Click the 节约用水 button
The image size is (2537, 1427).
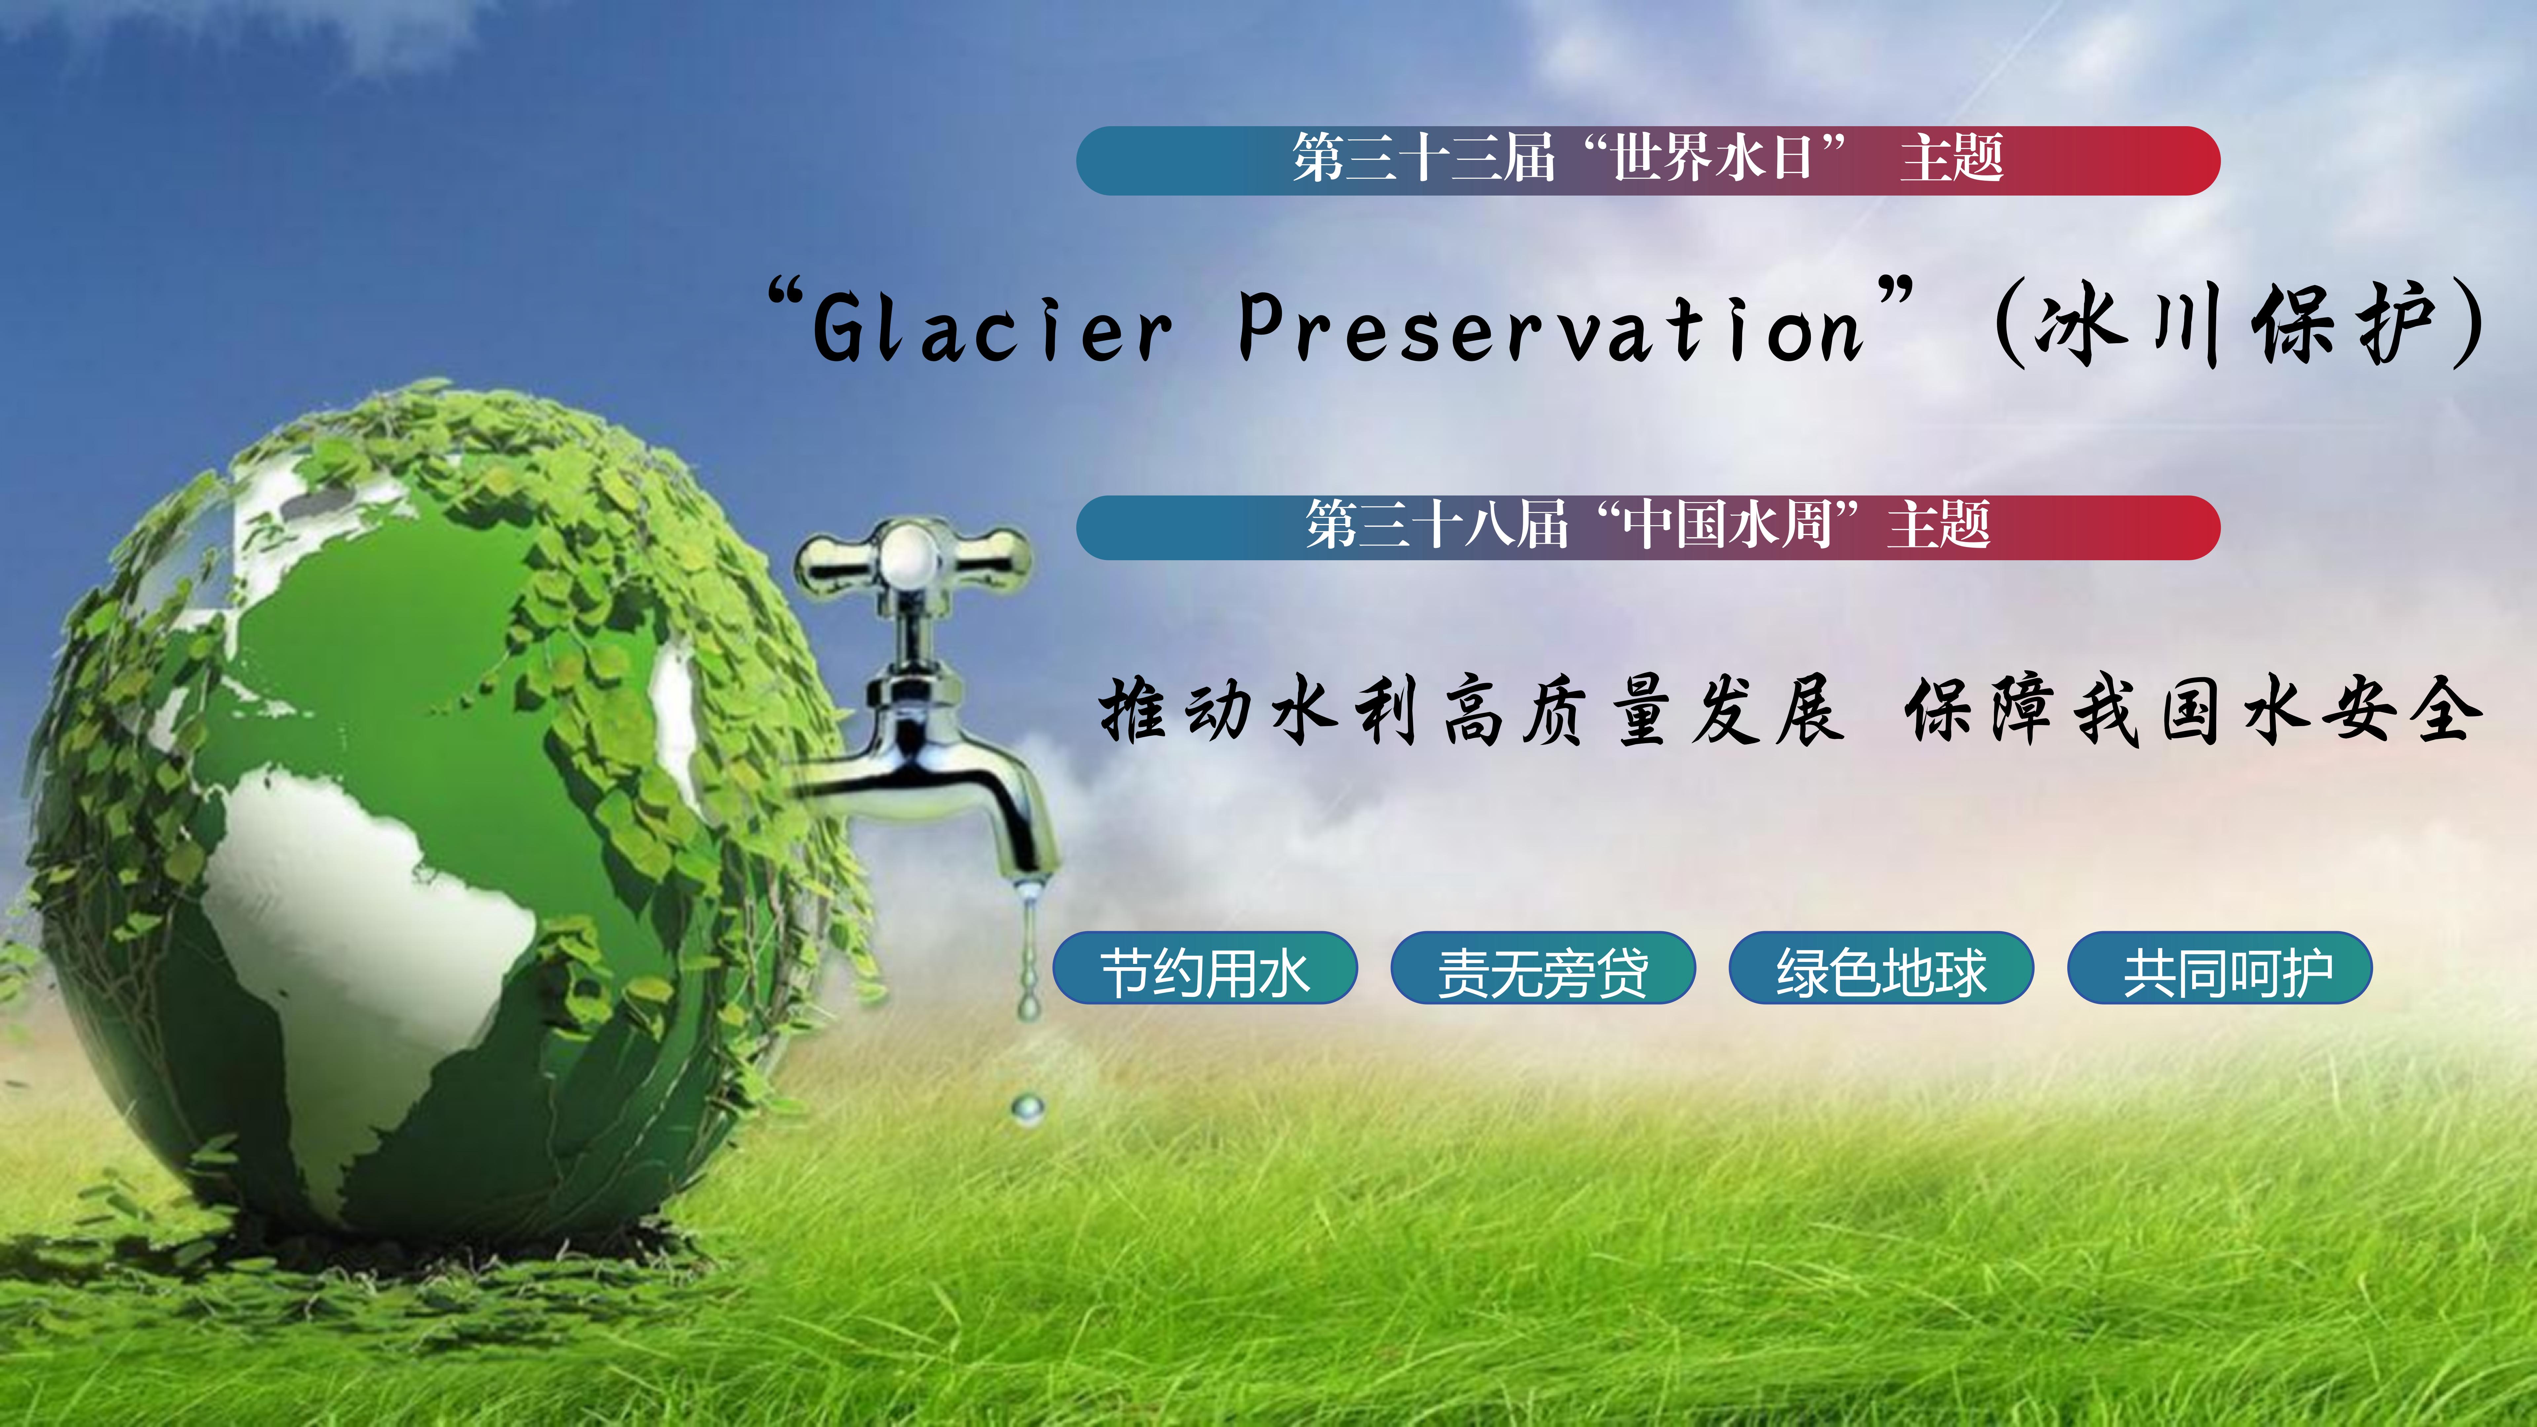tap(1204, 967)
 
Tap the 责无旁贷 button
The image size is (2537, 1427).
tap(1542, 967)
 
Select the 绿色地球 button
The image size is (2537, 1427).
tap(1881, 967)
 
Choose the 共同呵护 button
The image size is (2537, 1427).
tap(2220, 967)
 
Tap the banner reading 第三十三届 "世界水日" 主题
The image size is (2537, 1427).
tap(1648, 160)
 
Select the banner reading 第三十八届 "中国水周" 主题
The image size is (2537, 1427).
tap(1648, 527)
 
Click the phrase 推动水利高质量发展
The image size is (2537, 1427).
tap(1470, 709)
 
